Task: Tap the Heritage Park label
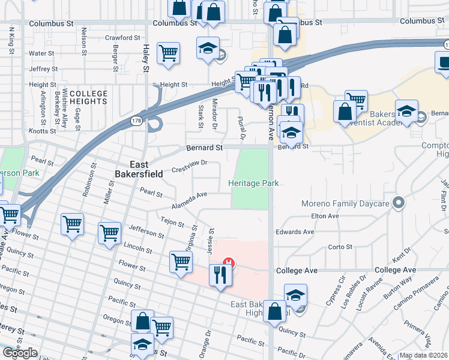tap(253, 184)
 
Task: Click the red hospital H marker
tap(228, 262)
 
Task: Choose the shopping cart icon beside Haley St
tap(169, 53)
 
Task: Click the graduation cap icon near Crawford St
tap(208, 48)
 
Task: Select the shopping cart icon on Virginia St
tap(181, 262)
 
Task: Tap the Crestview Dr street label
tap(189, 163)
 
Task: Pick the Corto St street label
tap(340, 247)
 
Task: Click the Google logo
tap(19, 353)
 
